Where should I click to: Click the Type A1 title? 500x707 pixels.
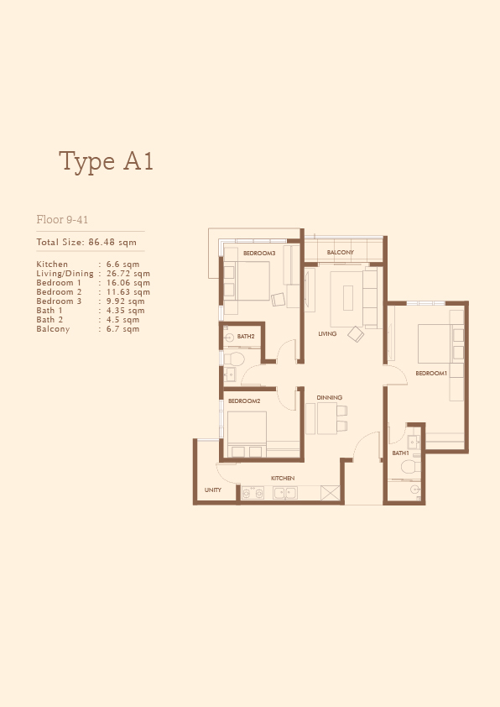point(106,161)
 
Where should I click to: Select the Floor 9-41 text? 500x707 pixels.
point(62,220)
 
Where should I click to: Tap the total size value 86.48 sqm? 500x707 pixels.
point(112,242)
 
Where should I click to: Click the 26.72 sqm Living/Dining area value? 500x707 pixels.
point(128,273)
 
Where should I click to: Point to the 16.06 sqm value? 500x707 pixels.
point(128,283)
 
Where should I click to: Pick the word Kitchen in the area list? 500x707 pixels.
point(52,264)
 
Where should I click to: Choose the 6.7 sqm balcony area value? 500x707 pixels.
point(122,328)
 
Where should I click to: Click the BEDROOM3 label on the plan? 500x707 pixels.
point(259,254)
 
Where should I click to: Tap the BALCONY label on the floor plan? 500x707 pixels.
point(340,253)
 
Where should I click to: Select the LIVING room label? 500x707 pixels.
point(327,333)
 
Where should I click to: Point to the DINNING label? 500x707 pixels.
point(330,398)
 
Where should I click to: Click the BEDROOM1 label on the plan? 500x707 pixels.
point(431,374)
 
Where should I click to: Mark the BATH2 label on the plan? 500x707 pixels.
point(246,337)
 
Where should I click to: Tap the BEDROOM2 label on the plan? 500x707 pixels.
point(244,401)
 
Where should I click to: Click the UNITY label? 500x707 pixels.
point(212,490)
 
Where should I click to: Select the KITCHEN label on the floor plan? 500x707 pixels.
point(283,478)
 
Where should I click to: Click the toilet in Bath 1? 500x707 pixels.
point(410,467)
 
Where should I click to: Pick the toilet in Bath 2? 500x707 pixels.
point(234,359)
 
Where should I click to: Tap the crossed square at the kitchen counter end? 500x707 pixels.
point(331,493)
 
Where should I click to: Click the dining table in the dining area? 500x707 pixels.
point(326,418)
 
